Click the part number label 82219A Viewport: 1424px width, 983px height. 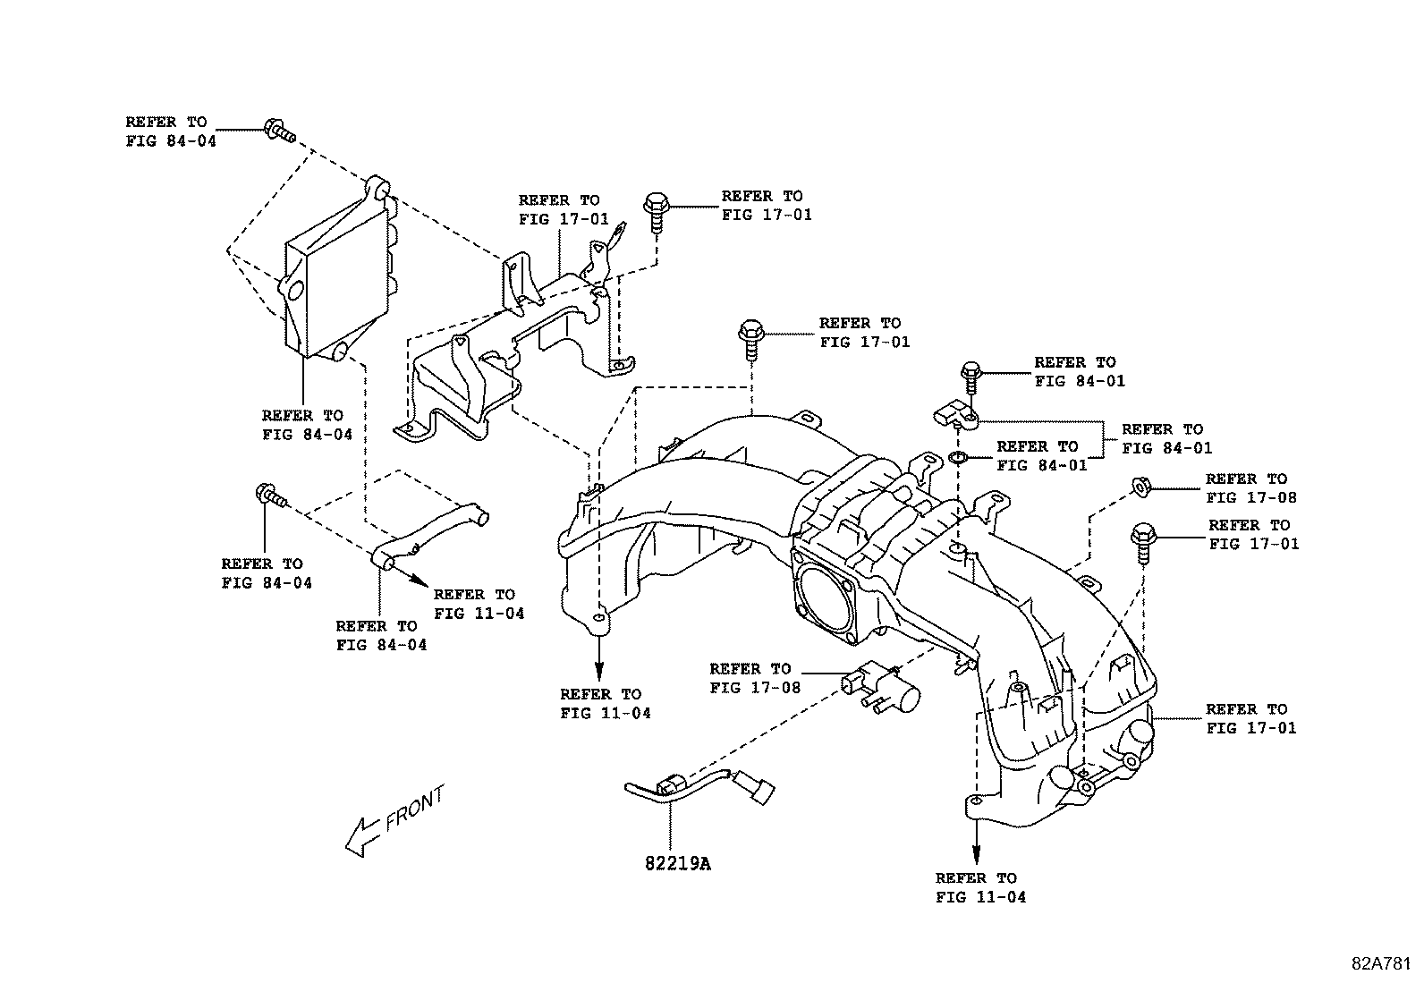(677, 863)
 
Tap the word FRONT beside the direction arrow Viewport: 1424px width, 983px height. (414, 809)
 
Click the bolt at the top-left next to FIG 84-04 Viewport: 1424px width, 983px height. (279, 131)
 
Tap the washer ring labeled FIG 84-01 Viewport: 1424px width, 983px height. (957, 460)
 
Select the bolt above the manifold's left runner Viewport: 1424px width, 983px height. (750, 340)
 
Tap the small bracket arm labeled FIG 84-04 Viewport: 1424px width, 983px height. (429, 537)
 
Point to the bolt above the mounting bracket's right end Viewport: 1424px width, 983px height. (655, 210)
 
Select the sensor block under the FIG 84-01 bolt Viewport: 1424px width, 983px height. (954, 412)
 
